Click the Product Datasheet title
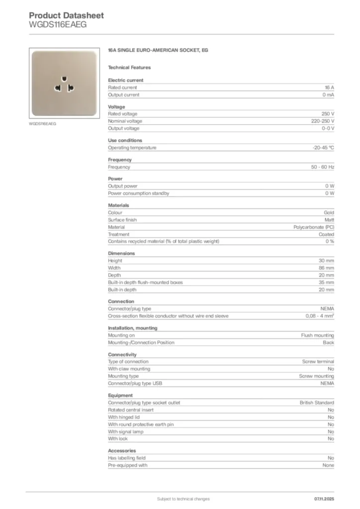[66, 15]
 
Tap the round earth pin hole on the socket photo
[63, 79]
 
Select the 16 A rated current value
[329, 87]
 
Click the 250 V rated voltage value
[328, 114]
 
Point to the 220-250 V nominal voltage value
[319, 121]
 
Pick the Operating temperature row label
[132, 148]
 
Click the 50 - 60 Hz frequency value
[323, 167]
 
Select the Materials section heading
[118, 205]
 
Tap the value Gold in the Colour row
[329, 213]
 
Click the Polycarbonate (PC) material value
[314, 227]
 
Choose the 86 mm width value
[326, 268]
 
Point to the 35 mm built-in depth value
[326, 282]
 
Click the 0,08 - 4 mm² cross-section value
[320, 316]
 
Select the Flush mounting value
[318, 336]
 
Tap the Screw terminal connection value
[318, 362]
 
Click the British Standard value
[317, 403]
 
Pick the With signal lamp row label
[125, 432]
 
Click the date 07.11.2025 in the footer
[325, 499]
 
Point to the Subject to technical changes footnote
[183, 499]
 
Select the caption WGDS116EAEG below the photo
[42, 124]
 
